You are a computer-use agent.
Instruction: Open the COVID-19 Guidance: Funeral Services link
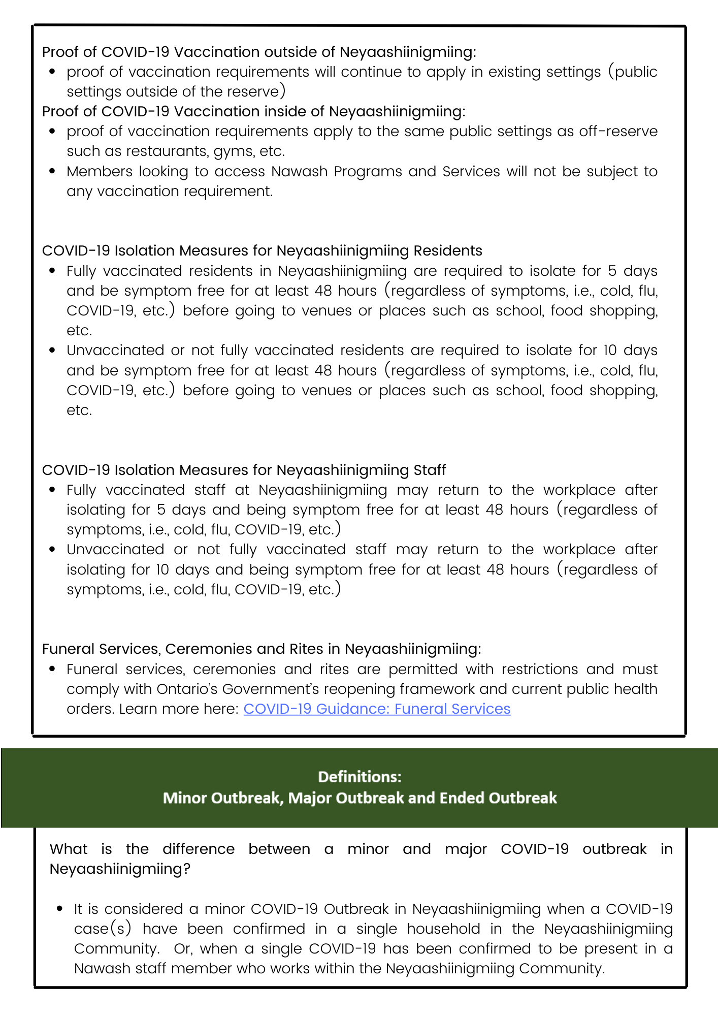click(377, 709)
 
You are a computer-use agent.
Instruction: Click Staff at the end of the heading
click(430, 470)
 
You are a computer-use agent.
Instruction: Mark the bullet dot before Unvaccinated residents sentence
click(52, 351)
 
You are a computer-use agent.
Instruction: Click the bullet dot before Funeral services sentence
click(52, 670)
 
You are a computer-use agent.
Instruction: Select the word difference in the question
click(199, 849)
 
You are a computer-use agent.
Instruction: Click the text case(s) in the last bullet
click(103, 929)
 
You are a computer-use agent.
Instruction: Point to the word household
click(443, 929)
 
